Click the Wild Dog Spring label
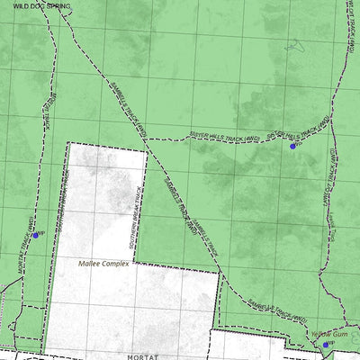click(40, 5)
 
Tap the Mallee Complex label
click(103, 264)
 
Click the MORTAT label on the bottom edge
click(143, 356)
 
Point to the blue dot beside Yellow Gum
click(326, 344)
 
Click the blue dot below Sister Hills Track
click(292, 144)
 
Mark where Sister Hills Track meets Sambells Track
click(147, 140)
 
